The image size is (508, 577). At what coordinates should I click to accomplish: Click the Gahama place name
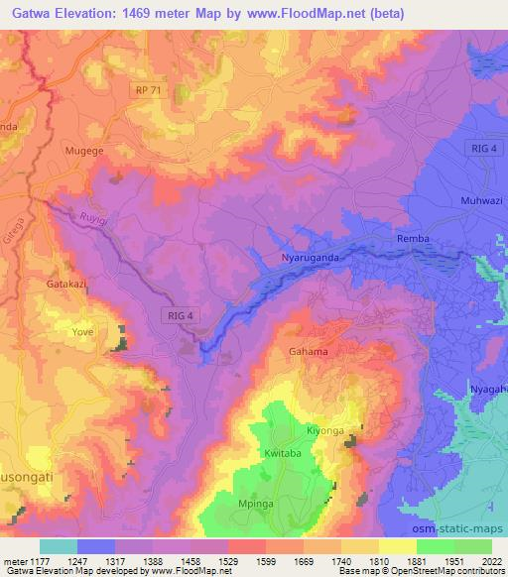coord(309,351)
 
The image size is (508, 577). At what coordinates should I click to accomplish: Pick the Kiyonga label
coord(324,431)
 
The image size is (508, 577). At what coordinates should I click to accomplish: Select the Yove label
coord(81,332)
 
